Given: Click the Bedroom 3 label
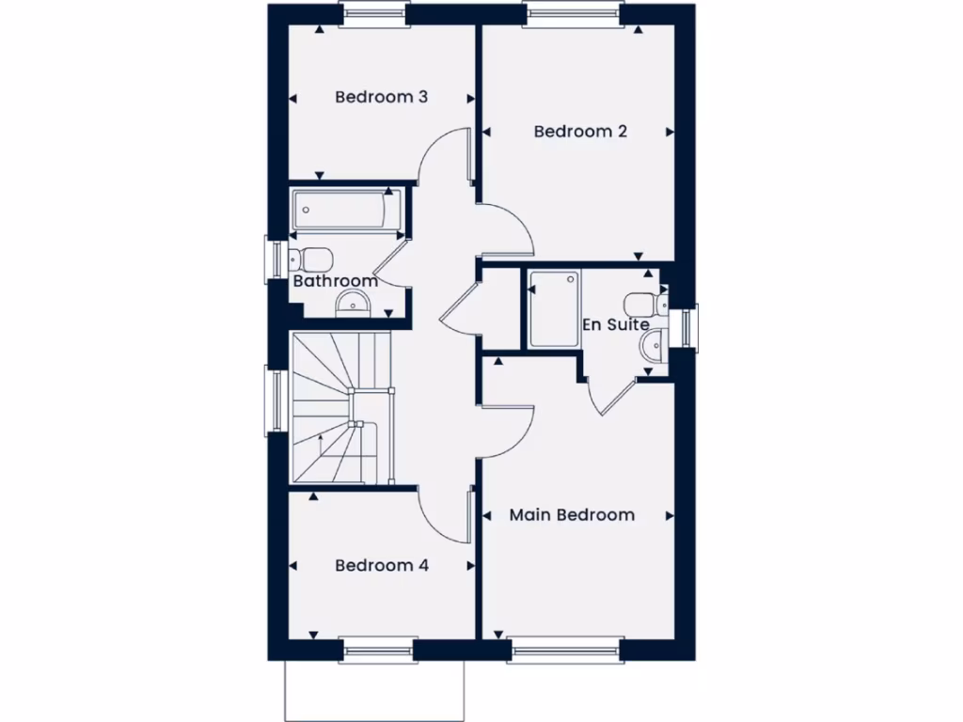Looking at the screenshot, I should click(x=382, y=97).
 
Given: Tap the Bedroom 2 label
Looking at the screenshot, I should click(x=580, y=132).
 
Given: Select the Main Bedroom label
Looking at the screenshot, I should click(x=572, y=515).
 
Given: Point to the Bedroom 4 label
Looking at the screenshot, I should click(x=382, y=566).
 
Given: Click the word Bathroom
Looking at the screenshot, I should click(x=335, y=281).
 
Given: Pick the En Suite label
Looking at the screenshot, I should click(x=616, y=325).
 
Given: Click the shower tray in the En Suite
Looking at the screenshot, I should click(x=553, y=308).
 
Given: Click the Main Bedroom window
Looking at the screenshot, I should click(x=564, y=649).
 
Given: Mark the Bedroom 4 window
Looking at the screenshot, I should click(x=377, y=649).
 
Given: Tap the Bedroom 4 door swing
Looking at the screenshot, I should click(x=444, y=516).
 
